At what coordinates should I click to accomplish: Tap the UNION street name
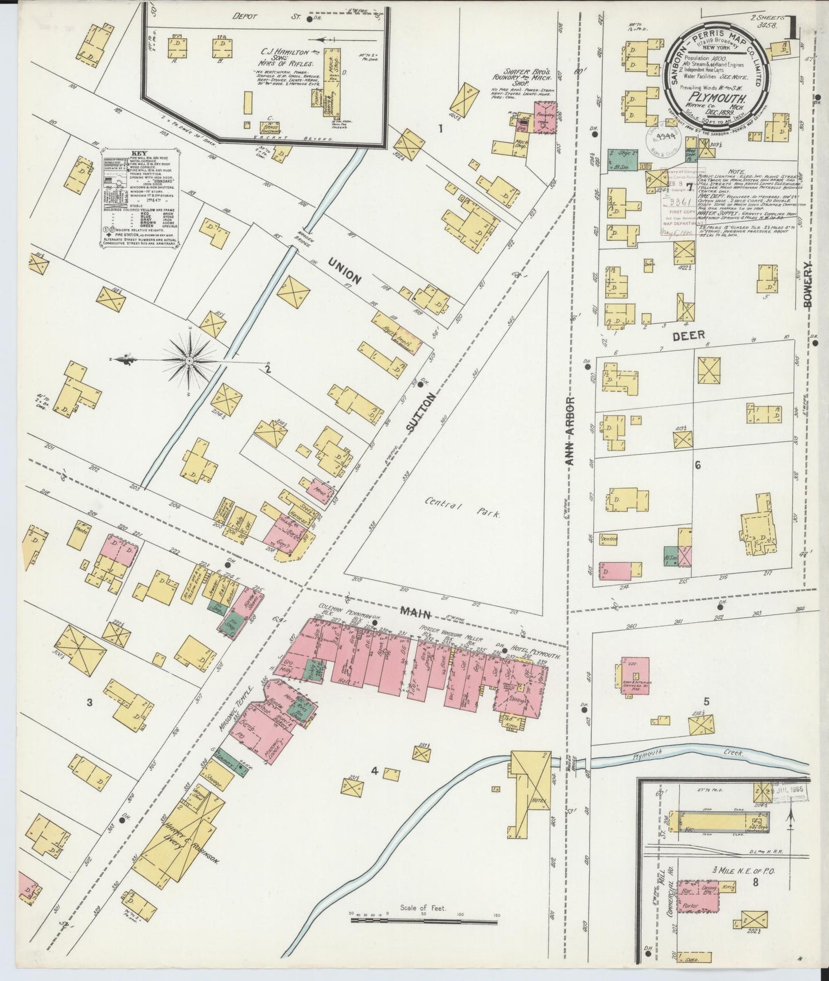[345, 271]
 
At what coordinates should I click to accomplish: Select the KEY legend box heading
[139, 154]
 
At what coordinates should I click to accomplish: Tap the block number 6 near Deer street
[698, 466]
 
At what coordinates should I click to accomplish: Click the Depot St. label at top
[274, 18]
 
